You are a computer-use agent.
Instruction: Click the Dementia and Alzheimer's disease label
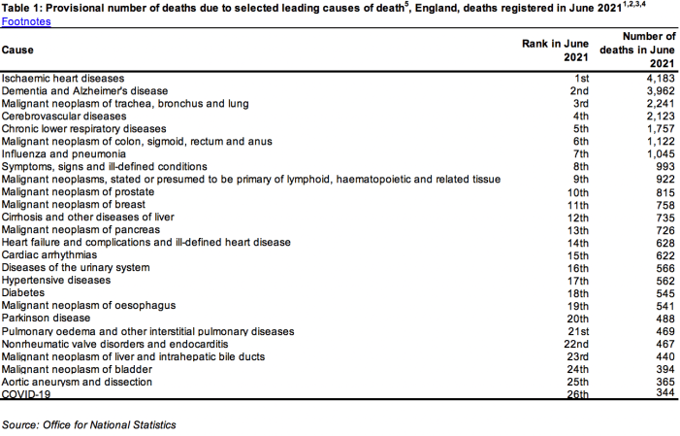(85, 90)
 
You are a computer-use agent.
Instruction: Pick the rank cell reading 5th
(581, 128)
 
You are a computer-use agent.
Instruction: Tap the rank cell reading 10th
(578, 191)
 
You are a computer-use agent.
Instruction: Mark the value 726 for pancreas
(664, 229)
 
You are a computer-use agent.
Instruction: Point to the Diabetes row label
(22, 292)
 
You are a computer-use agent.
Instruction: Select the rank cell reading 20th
(578, 318)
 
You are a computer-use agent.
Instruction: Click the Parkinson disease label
(46, 318)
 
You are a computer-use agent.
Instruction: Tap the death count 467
(664, 344)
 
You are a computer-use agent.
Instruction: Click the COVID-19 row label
(26, 394)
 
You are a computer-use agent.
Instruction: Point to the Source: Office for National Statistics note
(89, 425)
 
